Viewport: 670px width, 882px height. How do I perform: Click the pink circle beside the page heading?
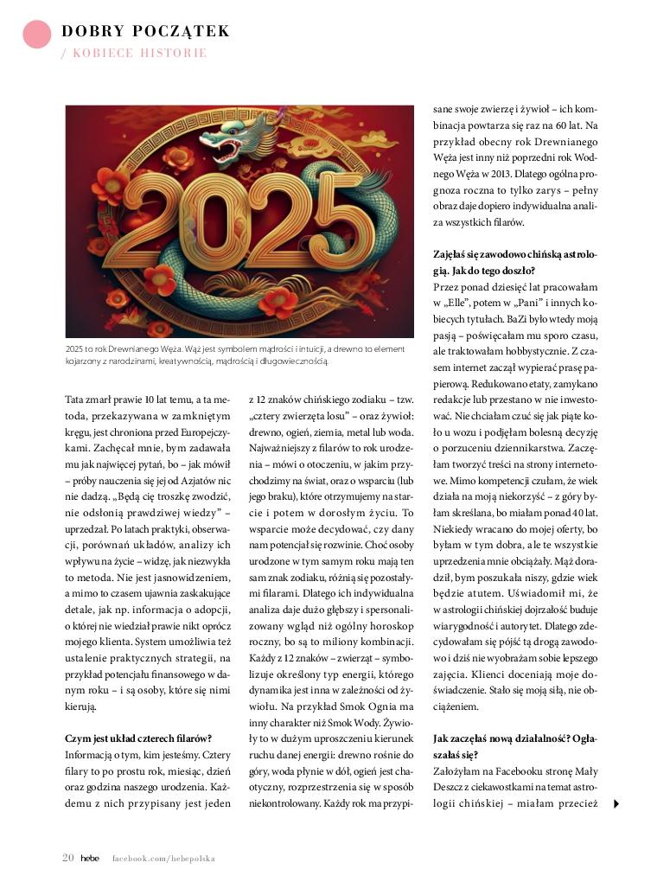point(37,35)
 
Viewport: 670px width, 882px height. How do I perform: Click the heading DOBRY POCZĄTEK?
point(145,32)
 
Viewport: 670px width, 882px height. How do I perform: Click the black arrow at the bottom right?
point(616,804)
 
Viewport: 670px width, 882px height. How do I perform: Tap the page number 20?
point(67,858)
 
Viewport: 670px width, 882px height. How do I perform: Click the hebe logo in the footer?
point(90,859)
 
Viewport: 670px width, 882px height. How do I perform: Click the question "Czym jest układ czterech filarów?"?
point(138,738)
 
